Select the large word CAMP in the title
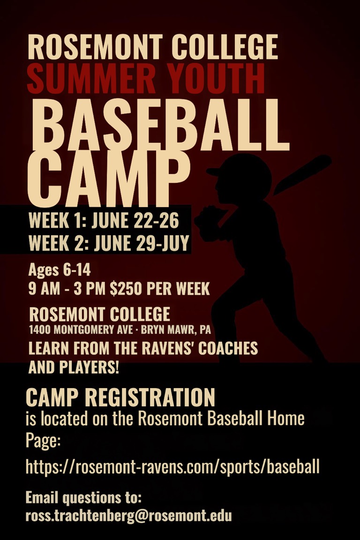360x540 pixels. pos(109,179)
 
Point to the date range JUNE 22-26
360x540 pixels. pos(135,221)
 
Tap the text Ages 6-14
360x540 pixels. pos(59,270)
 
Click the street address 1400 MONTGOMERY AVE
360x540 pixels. pos(81,330)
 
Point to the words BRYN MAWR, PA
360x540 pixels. pos(176,330)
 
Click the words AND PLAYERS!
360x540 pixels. pos(74,367)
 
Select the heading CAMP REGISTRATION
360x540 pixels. pos(120,397)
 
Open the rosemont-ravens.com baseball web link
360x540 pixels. pos(172,467)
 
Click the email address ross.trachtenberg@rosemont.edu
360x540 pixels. pos(128,516)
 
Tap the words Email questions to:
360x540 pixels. pos(83,498)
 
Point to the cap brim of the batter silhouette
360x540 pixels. pos(214,171)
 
